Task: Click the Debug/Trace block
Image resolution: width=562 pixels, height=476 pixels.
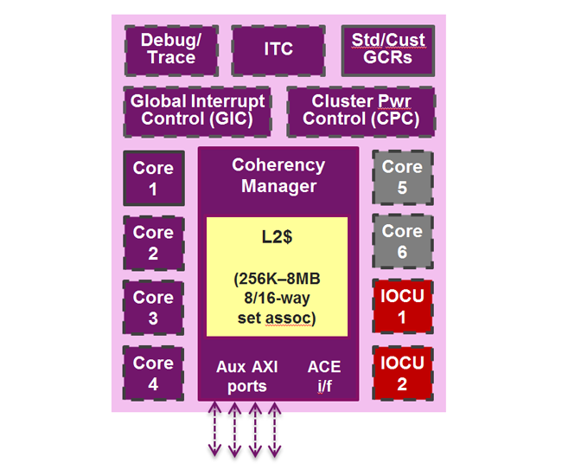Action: (169, 49)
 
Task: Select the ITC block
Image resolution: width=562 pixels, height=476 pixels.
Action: (278, 49)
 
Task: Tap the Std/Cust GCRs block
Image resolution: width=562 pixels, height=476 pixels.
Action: (388, 49)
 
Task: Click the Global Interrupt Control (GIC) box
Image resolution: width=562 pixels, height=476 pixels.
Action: (197, 110)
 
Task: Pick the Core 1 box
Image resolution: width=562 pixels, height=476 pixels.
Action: (153, 177)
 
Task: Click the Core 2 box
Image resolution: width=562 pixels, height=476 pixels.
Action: (153, 242)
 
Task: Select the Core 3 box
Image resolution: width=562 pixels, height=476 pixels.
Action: (153, 307)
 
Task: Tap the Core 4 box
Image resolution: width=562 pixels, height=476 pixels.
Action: (153, 372)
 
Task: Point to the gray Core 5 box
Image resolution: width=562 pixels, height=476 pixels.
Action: (402, 177)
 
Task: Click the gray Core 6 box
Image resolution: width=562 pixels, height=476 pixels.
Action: (402, 241)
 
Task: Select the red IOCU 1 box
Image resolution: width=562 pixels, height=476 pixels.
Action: (402, 306)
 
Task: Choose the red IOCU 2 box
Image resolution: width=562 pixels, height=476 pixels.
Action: (402, 372)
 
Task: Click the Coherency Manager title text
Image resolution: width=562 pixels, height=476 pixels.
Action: (278, 175)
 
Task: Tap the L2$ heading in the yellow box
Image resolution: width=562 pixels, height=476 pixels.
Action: (278, 236)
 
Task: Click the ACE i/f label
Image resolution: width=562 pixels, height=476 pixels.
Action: (324, 376)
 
